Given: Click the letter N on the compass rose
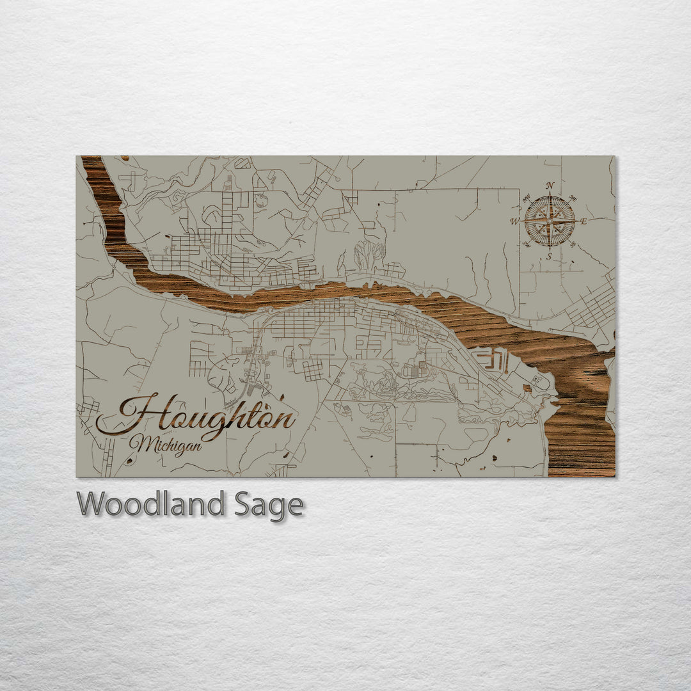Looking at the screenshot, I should click(550, 186).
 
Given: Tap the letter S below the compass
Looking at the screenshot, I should click(549, 257).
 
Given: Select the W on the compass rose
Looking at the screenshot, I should click(514, 222).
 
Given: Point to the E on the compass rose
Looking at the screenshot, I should click(584, 221).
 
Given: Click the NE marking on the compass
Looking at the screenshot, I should click(572, 199).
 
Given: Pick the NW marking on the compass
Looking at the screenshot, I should click(527, 199).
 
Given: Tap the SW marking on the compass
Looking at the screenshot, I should click(527, 244).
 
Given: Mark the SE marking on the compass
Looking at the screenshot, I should click(572, 244).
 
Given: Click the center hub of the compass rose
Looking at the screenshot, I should click(549, 221).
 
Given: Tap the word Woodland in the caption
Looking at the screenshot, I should click(150, 504).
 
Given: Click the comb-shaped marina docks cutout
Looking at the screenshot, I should click(490, 360).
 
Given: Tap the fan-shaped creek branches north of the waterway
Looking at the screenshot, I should click(369, 255).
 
